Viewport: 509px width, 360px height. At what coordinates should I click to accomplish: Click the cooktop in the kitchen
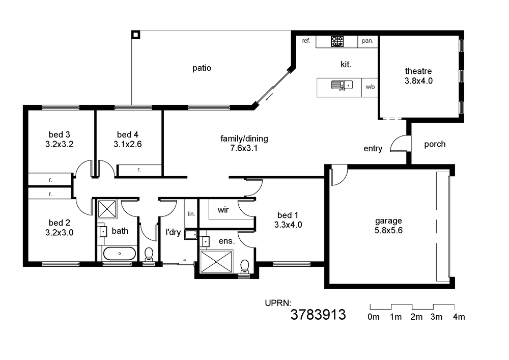(337, 41)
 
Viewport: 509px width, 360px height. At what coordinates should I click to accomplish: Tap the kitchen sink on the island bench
(342, 85)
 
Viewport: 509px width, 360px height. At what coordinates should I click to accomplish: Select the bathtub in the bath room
(119, 253)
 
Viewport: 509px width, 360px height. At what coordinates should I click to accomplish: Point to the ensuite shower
(216, 261)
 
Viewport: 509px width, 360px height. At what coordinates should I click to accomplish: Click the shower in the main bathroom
(107, 209)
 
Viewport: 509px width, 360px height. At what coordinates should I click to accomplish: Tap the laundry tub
(191, 234)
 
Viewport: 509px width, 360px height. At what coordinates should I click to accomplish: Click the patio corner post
(136, 35)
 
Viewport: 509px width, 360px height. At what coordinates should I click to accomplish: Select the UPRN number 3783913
(318, 315)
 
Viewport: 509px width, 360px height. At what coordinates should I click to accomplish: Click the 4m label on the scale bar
(459, 317)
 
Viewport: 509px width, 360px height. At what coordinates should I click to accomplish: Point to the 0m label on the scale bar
(373, 317)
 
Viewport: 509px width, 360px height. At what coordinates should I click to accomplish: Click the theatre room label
(418, 71)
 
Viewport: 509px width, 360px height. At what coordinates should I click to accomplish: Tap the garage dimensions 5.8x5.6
(388, 231)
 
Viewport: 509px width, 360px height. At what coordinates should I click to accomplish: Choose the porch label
(435, 144)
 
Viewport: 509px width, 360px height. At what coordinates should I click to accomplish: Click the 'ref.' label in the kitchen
(306, 41)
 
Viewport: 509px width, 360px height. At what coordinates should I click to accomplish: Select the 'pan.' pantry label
(367, 41)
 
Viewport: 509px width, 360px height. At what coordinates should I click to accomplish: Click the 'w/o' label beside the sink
(370, 87)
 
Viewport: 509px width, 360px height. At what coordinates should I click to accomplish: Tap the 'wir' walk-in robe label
(223, 210)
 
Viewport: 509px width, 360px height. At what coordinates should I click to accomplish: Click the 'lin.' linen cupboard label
(191, 214)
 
